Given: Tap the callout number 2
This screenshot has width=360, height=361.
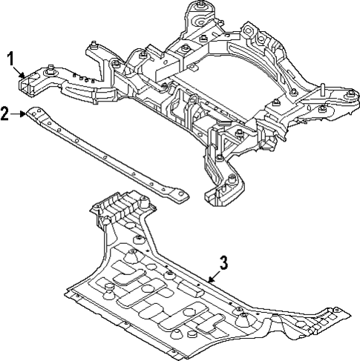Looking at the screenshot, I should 6,113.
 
